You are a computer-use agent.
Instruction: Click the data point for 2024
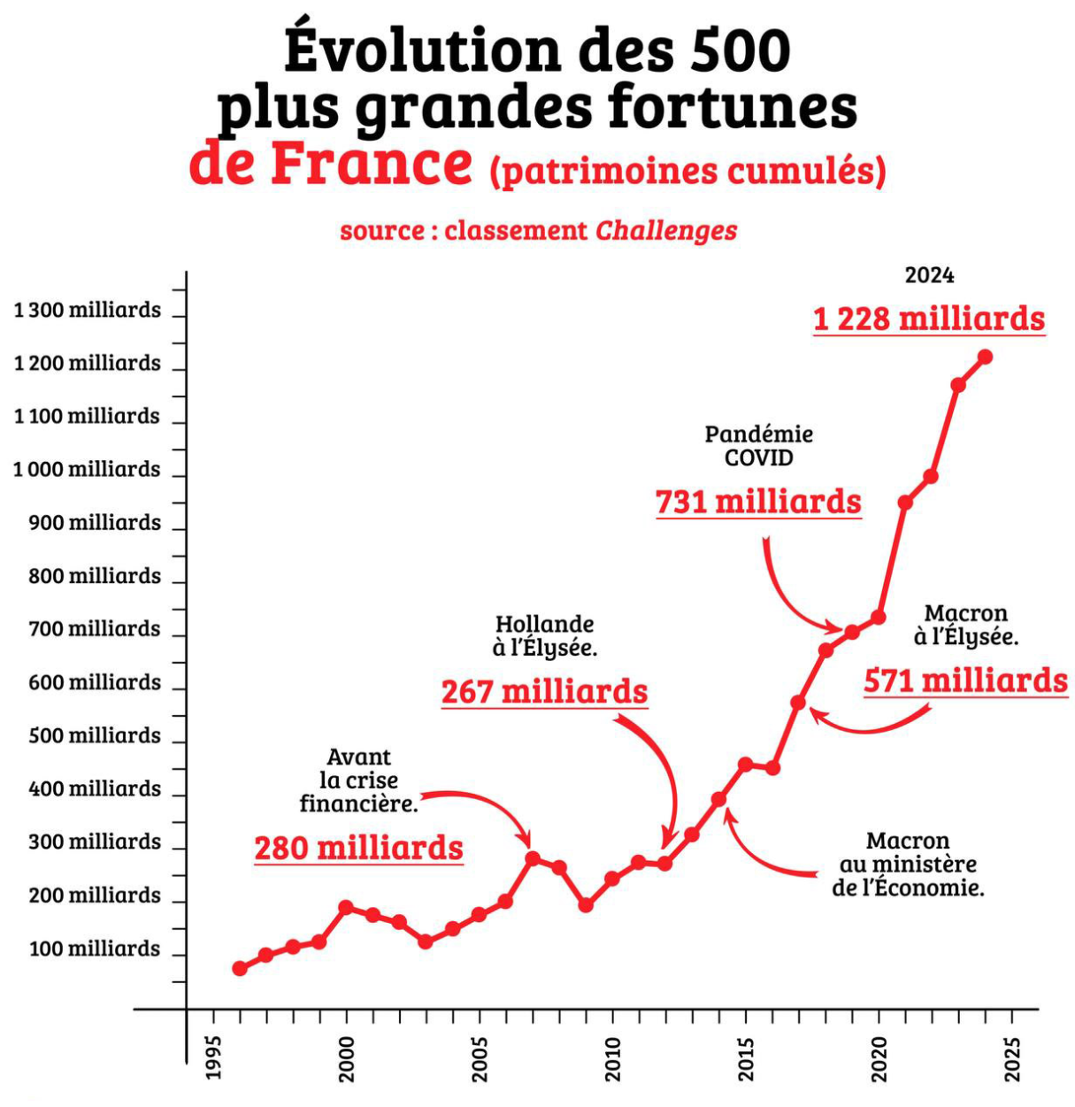(984, 357)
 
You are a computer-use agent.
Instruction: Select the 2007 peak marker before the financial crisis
(533, 858)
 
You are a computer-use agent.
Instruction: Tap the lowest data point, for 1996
(240, 968)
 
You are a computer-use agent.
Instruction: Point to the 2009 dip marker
(586, 905)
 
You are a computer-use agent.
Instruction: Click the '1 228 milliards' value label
(929, 319)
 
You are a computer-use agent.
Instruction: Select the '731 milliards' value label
(758, 503)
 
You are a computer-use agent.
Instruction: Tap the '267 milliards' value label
(545, 692)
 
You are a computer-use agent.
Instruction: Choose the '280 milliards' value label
(358, 849)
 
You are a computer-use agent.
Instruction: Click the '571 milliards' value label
(965, 681)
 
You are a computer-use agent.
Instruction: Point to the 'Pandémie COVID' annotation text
(758, 446)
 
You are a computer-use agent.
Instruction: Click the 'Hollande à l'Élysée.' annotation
(545, 636)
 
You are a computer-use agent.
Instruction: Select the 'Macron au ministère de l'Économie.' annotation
(908, 865)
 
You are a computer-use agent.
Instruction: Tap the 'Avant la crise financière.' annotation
(358, 780)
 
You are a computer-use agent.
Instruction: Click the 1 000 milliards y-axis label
(87, 470)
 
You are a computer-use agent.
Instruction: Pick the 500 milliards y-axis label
(95, 736)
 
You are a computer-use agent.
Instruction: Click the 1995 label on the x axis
(213, 1057)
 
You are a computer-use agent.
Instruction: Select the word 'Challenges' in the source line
(666, 231)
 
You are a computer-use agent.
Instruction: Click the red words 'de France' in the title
(331, 164)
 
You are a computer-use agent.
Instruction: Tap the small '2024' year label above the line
(929, 276)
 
